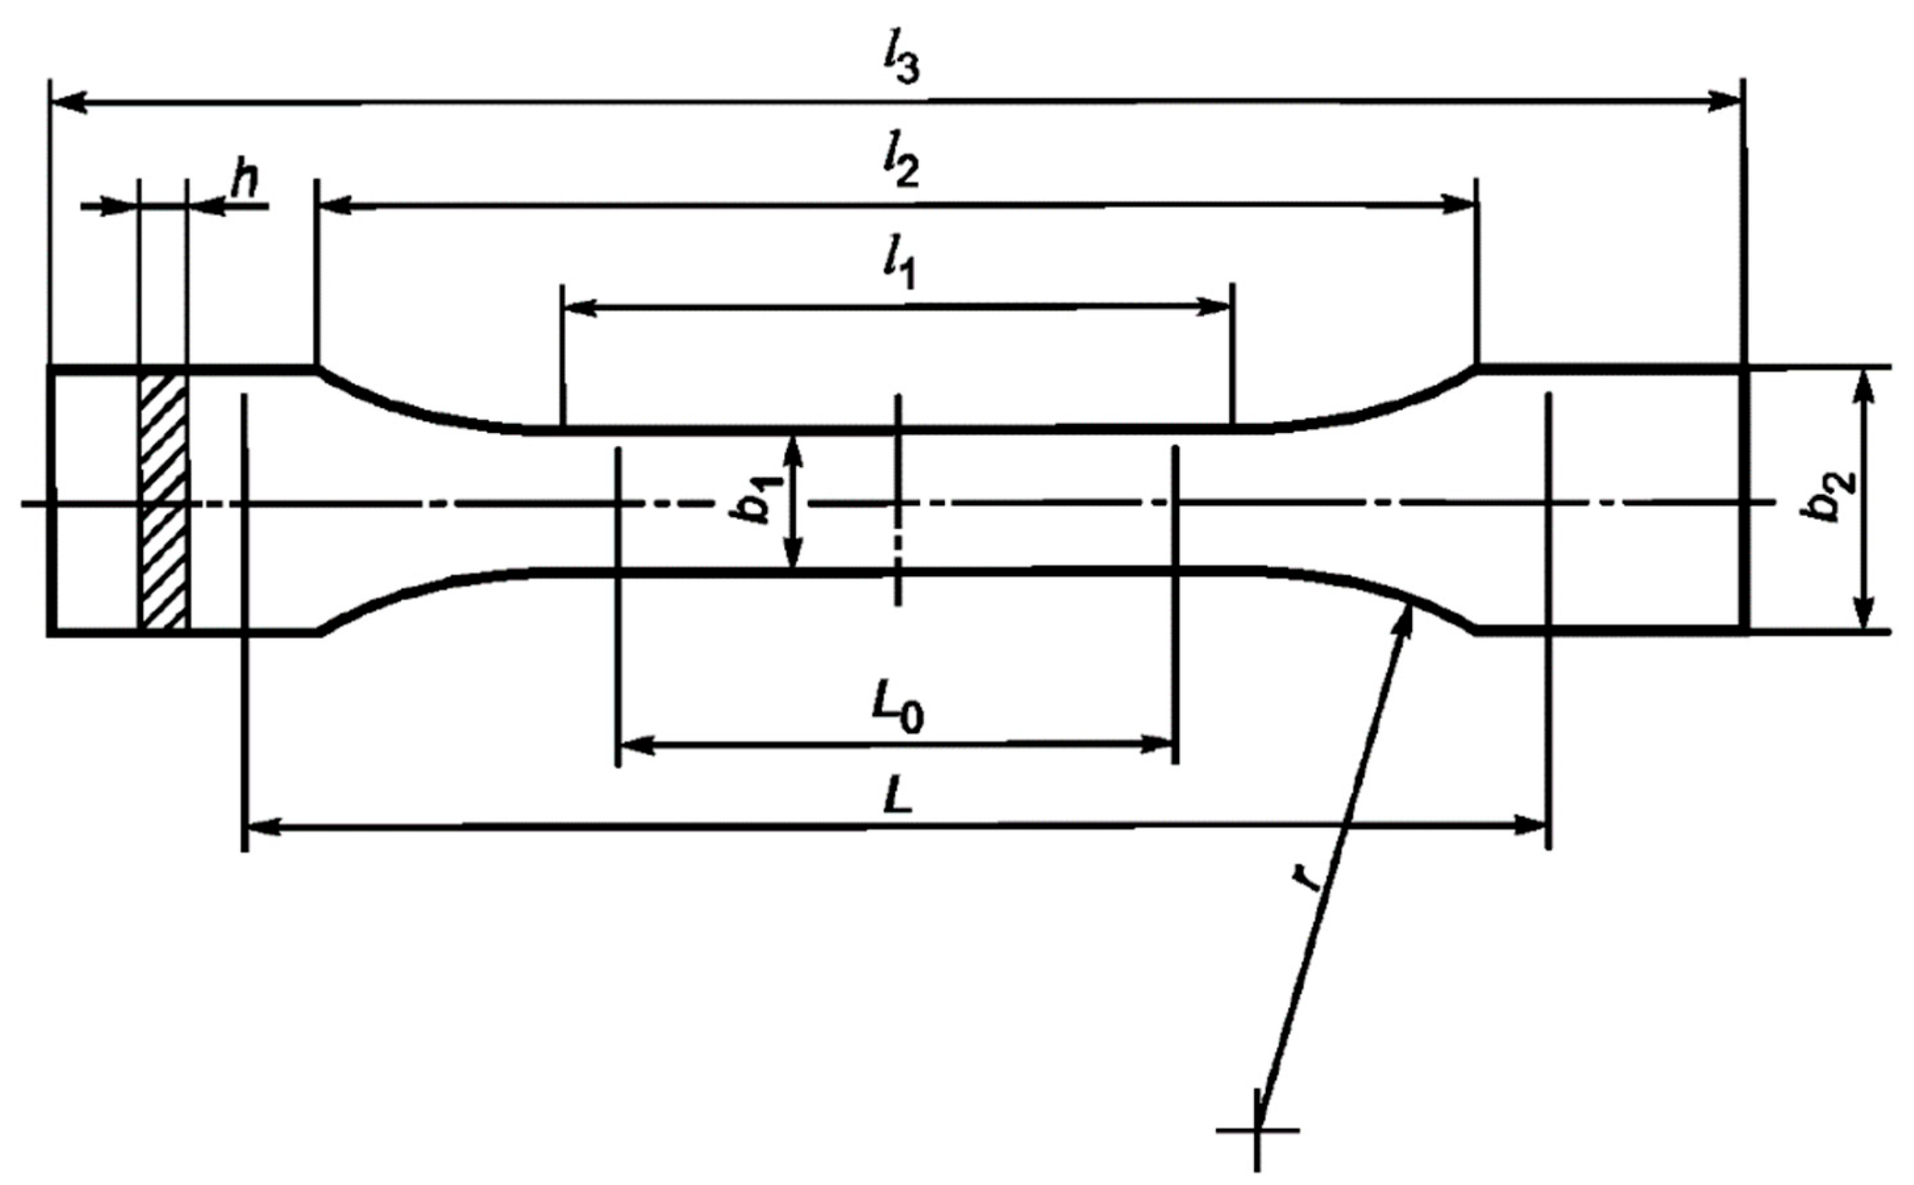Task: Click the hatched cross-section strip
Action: (163, 501)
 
